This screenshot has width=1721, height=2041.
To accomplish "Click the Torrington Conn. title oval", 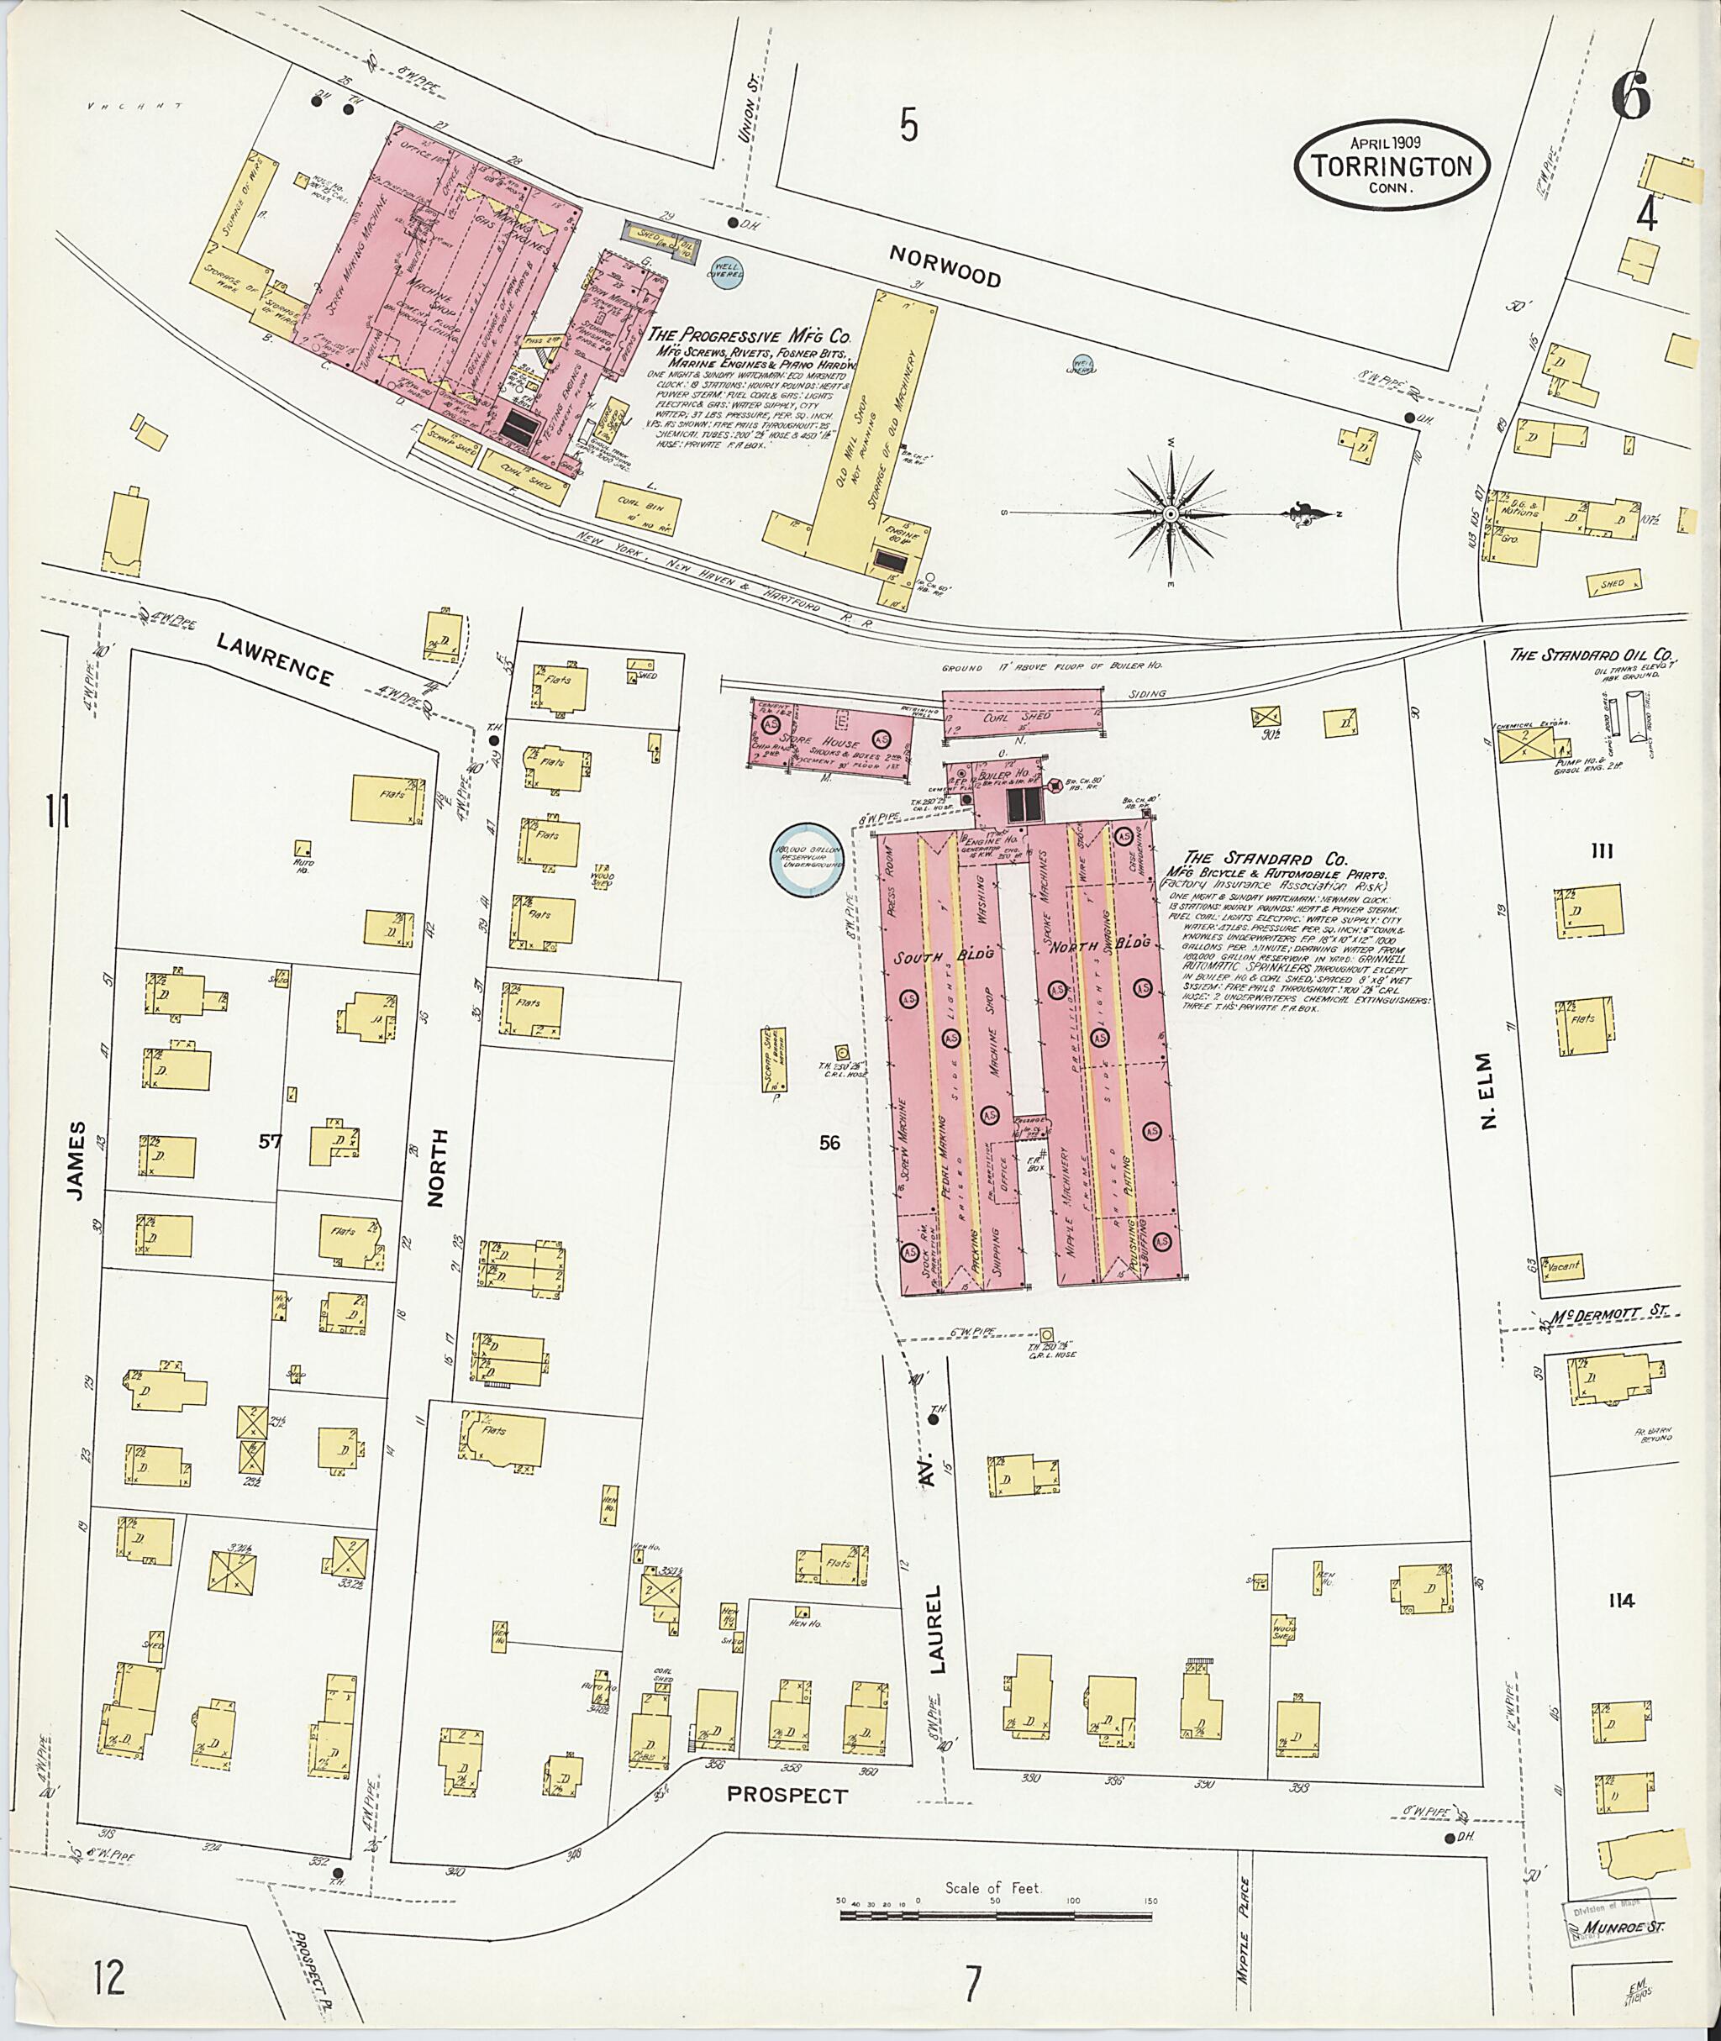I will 1392,165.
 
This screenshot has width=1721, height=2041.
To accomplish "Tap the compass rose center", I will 1169,514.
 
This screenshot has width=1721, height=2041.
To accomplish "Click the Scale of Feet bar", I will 994,1916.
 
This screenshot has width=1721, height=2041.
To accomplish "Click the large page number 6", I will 1630,97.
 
